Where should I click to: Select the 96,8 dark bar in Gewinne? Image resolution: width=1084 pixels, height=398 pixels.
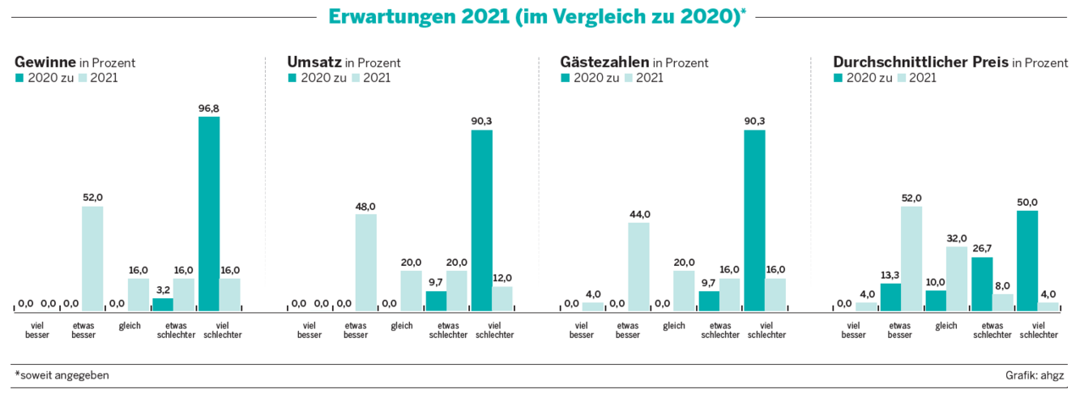coord(208,214)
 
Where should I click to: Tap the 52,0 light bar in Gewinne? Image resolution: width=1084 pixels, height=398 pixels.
coord(92,259)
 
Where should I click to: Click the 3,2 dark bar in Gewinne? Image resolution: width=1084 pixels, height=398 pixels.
coord(163,305)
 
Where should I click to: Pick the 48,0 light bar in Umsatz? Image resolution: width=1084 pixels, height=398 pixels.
coord(365,263)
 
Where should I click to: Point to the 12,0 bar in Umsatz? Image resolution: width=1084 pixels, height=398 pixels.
coord(502,299)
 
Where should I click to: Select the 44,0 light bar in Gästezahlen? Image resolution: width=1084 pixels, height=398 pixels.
coord(639,267)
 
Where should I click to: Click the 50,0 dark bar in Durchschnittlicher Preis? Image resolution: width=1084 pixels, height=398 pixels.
coord(1026,261)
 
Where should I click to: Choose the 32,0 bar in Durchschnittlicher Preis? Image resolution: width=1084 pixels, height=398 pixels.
coord(956,279)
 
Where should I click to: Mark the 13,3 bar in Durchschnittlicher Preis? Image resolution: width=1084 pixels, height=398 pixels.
coord(890,297)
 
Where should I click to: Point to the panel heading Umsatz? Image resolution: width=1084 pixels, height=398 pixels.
coord(314,63)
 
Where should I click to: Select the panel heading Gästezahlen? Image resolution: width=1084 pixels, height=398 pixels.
coord(605,63)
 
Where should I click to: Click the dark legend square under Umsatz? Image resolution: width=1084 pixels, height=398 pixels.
coord(293,78)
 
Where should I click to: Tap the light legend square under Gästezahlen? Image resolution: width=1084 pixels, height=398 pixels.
coord(629,78)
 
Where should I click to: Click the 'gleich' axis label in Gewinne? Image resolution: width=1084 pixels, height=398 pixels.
coord(130,326)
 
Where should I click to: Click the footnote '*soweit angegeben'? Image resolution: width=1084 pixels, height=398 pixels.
coord(61,374)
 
